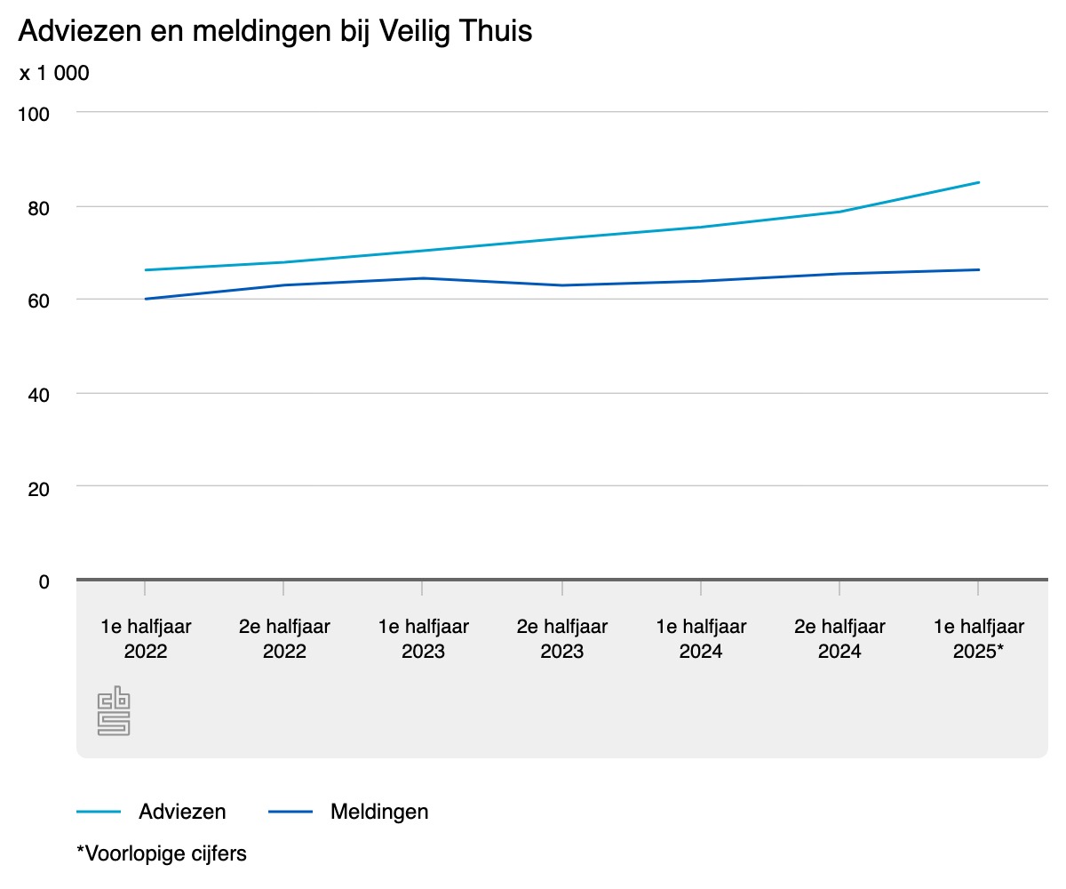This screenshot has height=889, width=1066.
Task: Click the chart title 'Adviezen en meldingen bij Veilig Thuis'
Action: point(275,31)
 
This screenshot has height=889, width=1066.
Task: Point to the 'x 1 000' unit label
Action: point(54,73)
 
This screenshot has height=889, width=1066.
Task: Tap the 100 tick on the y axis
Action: point(34,115)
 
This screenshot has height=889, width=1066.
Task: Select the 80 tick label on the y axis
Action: point(39,209)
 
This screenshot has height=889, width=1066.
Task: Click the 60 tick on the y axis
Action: point(39,301)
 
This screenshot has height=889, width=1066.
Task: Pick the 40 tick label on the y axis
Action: point(39,395)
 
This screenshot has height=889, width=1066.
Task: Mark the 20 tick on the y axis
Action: point(39,490)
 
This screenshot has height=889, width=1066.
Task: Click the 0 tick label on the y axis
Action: point(44,582)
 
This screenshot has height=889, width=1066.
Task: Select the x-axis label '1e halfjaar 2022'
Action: point(146,638)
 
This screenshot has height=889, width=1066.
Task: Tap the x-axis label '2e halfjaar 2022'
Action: point(284,638)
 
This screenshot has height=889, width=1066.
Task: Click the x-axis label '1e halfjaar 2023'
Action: point(423,638)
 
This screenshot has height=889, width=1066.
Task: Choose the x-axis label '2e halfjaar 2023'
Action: point(562,638)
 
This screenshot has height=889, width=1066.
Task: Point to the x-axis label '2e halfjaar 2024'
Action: point(839,638)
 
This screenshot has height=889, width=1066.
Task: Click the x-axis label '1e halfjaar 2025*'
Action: point(979,638)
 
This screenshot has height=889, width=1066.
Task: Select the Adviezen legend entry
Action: point(151,812)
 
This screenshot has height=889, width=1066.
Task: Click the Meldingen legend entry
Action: point(349,812)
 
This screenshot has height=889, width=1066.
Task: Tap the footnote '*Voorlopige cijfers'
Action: point(162,853)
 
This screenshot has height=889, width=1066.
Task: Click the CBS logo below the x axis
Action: point(114,710)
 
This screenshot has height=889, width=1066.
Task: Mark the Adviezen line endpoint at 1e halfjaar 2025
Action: point(979,182)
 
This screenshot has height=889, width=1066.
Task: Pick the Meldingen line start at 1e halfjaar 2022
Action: point(146,299)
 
